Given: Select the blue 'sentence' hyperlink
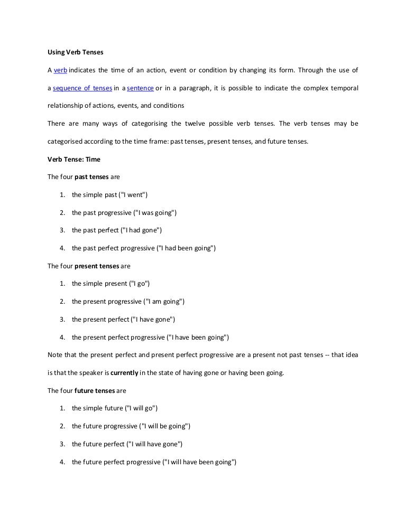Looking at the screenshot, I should pyautogui.click(x=140, y=88).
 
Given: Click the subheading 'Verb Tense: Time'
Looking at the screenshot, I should pyautogui.click(x=73, y=159).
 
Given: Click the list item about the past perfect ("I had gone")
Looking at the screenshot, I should pyautogui.click(x=116, y=230).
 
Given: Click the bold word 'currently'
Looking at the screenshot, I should pyautogui.click(x=124, y=373).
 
